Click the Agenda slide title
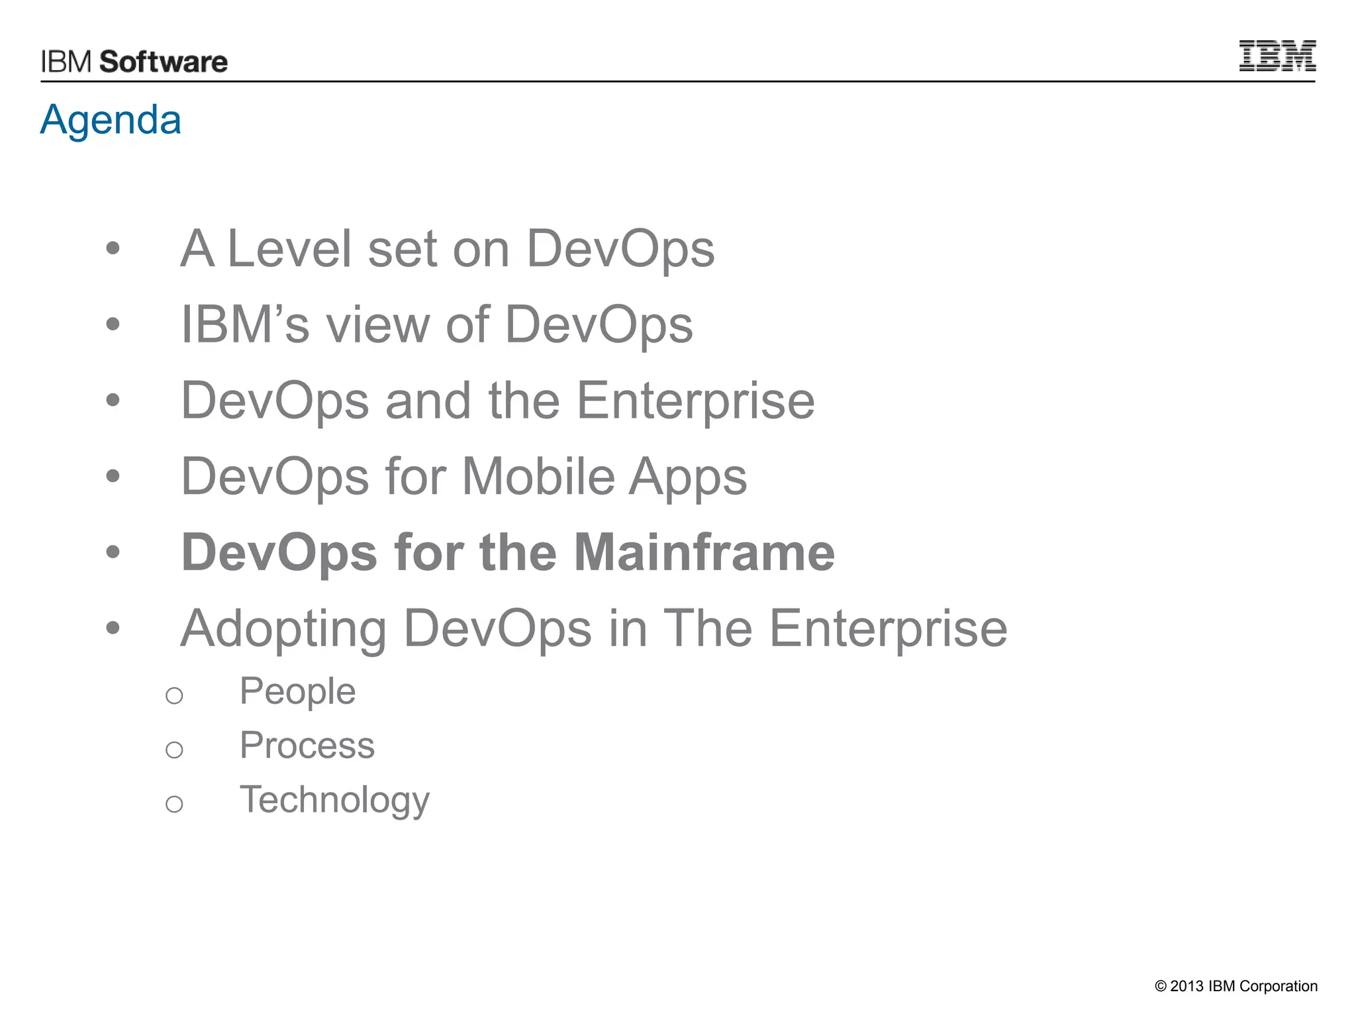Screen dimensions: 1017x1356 point(111,120)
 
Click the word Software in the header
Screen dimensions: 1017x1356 point(164,62)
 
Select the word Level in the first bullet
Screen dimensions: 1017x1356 point(289,249)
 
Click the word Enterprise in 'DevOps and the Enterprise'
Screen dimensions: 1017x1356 point(695,401)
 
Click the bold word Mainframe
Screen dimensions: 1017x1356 point(704,552)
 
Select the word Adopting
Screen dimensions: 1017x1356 point(283,630)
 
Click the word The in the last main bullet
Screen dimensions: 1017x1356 point(707,628)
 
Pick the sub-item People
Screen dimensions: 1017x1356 point(297,692)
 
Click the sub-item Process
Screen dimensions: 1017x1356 point(307,746)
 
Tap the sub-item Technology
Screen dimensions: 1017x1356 point(334,800)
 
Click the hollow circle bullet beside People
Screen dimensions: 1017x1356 point(174,696)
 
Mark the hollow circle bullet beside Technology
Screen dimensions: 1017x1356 point(174,804)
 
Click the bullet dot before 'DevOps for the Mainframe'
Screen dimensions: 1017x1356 point(113,552)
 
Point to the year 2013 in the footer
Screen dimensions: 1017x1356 point(1186,987)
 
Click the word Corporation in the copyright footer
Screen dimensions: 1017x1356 point(1278,987)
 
